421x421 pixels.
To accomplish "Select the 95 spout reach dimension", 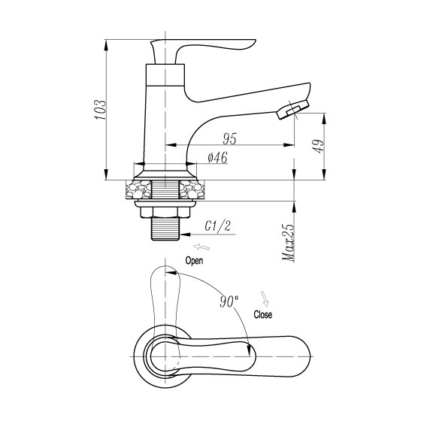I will [231, 138].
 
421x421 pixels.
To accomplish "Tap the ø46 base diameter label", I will [217, 158].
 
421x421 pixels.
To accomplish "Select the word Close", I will [264, 314].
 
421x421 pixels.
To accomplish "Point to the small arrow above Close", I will [264, 297].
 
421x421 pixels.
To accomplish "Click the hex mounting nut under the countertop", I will [165, 208].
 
